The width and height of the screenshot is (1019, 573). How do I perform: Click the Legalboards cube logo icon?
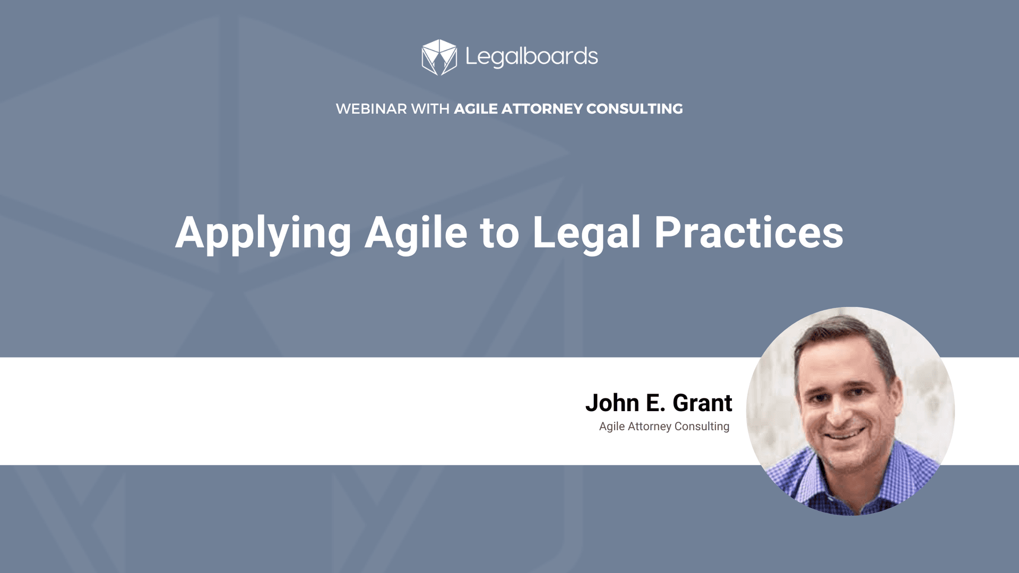tap(439, 57)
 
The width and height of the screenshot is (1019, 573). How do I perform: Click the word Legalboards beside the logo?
tap(531, 57)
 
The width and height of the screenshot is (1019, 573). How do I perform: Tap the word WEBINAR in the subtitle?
tap(371, 109)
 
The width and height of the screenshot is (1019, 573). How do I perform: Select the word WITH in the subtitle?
tap(430, 109)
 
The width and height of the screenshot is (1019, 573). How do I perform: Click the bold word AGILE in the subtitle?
tap(476, 109)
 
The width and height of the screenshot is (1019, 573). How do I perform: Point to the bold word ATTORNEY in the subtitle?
tap(542, 109)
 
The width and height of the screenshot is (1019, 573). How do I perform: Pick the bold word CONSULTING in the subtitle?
tap(634, 109)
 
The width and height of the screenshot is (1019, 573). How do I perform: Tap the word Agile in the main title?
tap(416, 233)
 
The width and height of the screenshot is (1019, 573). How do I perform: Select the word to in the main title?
tap(499, 233)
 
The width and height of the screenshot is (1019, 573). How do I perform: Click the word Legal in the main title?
tap(586, 233)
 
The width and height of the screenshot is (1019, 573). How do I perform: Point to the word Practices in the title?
tap(748, 233)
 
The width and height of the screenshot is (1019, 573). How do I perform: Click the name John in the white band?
tap(612, 403)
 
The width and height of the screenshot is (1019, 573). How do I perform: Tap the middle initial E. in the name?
tap(655, 403)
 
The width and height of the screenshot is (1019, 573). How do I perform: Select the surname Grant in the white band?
tap(702, 403)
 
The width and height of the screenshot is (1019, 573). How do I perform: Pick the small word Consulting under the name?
tap(702, 427)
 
